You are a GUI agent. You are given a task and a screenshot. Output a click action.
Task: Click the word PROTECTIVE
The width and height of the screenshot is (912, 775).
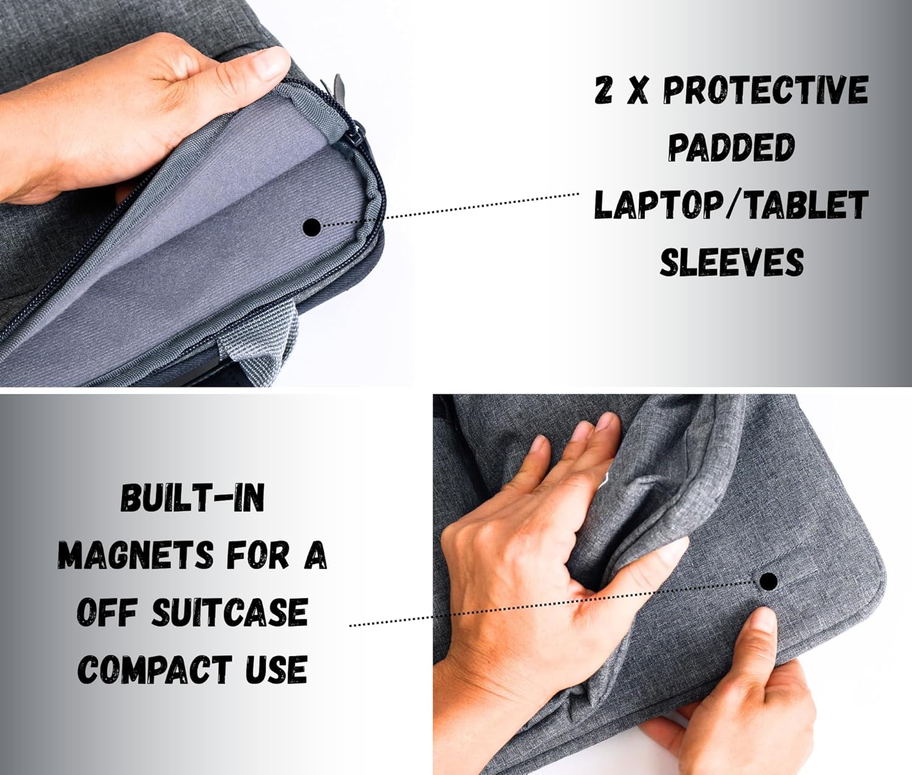pyautogui.click(x=765, y=91)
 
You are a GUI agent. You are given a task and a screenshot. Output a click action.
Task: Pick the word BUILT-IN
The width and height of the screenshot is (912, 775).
pyautogui.click(x=192, y=498)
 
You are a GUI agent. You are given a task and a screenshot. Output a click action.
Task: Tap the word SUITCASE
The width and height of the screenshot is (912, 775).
pyautogui.click(x=229, y=612)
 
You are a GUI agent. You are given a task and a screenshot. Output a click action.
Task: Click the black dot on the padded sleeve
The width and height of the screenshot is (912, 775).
pyautogui.click(x=312, y=227)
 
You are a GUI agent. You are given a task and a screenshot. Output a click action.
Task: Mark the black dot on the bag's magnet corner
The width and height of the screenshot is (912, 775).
pyautogui.click(x=768, y=581)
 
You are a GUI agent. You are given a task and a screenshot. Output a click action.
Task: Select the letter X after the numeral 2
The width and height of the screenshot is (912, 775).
pyautogui.click(x=636, y=91)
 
